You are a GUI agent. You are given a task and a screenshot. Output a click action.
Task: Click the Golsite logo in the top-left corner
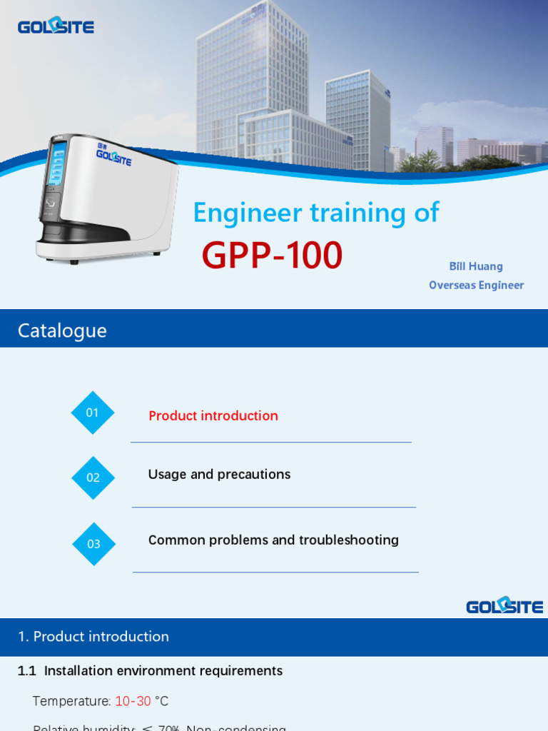coord(56,26)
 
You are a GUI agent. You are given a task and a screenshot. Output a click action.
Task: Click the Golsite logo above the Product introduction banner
coord(504,605)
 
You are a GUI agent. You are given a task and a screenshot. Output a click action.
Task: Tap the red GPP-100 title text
coord(272,256)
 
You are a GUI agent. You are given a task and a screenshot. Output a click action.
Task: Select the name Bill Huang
coord(476,266)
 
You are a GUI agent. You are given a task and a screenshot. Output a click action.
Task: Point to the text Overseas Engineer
coord(476,285)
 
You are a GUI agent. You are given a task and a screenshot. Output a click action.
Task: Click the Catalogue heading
coord(62,330)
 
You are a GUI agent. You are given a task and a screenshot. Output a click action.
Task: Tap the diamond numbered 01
coord(93,413)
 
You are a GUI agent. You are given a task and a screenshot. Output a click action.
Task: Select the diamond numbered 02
coord(93,478)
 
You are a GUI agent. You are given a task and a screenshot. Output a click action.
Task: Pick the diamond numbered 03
coord(93,544)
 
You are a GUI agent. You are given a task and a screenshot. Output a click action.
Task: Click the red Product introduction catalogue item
coord(213,415)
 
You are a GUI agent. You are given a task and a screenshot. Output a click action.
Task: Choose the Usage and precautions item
coord(219,474)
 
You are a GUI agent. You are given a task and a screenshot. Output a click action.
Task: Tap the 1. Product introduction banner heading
coord(93,636)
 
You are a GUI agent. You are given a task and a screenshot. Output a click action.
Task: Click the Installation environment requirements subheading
coord(163,670)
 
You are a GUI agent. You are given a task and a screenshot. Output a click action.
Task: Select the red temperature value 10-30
coord(133,701)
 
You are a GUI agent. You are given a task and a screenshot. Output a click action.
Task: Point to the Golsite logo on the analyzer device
coord(113,156)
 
